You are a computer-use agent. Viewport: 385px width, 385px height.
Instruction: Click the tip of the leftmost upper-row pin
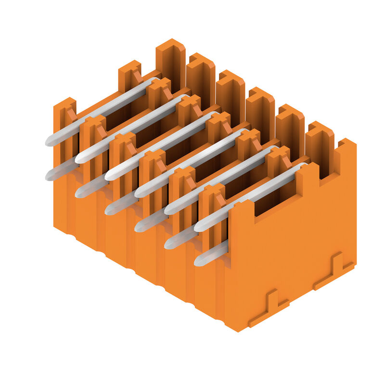tap(50, 141)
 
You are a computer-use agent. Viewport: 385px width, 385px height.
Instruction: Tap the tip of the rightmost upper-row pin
tap(198, 227)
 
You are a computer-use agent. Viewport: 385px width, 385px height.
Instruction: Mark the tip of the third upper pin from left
tap(109, 176)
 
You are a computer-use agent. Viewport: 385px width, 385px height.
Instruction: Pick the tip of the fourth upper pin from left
tap(139, 193)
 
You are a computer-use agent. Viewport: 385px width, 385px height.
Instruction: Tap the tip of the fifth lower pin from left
tap(168, 244)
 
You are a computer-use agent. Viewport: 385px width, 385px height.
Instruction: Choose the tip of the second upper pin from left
tap(79, 158)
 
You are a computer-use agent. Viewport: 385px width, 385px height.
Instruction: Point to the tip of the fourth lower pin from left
tap(139, 227)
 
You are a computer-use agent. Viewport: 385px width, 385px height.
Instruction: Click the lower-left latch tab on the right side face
tap(269, 308)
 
